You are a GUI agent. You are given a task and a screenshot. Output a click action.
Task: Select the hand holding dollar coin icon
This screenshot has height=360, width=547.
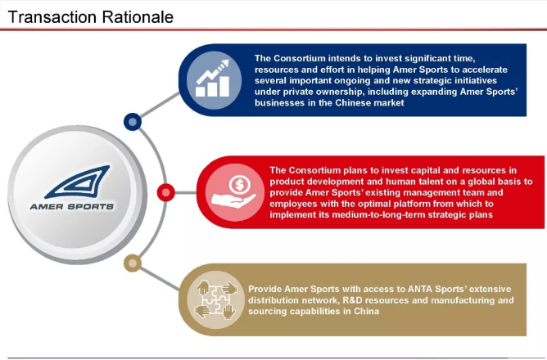(x=234, y=192)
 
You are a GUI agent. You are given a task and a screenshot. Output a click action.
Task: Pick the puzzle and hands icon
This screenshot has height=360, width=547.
(x=216, y=299)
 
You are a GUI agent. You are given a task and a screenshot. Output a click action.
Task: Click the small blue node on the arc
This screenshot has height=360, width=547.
(x=133, y=122)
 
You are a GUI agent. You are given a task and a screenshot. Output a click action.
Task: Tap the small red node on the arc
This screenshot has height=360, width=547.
(x=166, y=192)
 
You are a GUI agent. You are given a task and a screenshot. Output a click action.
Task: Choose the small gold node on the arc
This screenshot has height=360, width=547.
(x=133, y=263)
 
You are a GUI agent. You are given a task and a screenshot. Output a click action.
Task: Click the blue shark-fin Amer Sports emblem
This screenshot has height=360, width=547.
(x=78, y=182)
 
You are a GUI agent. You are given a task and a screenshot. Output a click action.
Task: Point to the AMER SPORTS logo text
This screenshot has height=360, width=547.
(x=72, y=207)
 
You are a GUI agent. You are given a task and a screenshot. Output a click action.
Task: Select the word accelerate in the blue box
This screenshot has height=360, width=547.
(x=485, y=70)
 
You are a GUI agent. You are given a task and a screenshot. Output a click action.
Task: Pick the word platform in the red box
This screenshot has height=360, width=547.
(x=410, y=204)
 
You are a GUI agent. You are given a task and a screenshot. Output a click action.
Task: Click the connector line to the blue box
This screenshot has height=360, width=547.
(x=160, y=106)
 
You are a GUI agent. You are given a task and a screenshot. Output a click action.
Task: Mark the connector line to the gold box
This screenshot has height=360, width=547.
(x=160, y=279)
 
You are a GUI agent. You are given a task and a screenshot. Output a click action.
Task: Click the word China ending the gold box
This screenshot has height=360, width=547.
(x=367, y=311)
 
